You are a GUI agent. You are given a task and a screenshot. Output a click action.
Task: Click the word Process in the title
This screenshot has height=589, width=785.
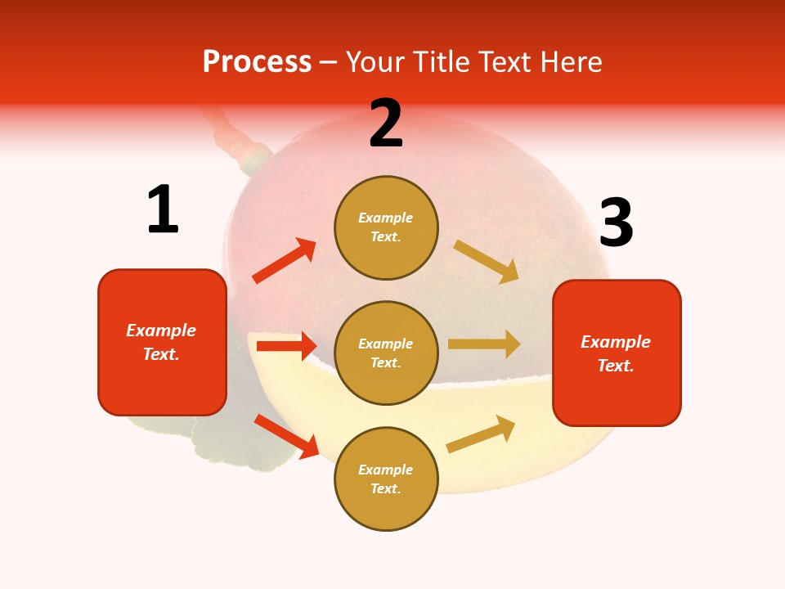pyautogui.click(x=257, y=62)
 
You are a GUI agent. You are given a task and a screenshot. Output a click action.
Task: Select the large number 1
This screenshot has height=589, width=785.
pyautogui.click(x=163, y=209)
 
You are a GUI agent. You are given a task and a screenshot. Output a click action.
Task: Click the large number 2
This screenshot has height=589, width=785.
pyautogui.click(x=386, y=124)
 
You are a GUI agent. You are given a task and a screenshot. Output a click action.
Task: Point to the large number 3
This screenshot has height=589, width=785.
pyautogui.click(x=616, y=223)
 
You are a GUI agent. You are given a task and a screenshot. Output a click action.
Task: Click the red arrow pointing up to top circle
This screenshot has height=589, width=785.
pyautogui.click(x=284, y=261)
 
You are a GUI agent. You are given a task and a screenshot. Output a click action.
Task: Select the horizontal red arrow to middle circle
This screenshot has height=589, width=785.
pyautogui.click(x=286, y=346)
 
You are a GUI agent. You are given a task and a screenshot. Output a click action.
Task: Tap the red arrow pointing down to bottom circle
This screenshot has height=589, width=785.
pyautogui.click(x=286, y=436)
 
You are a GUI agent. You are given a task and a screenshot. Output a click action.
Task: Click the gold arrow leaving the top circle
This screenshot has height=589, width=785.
pyautogui.click(x=487, y=261)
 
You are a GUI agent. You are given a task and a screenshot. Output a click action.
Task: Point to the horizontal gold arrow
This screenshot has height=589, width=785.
pyautogui.click(x=484, y=344)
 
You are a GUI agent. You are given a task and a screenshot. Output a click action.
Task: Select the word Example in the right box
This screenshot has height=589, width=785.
pyautogui.click(x=616, y=342)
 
